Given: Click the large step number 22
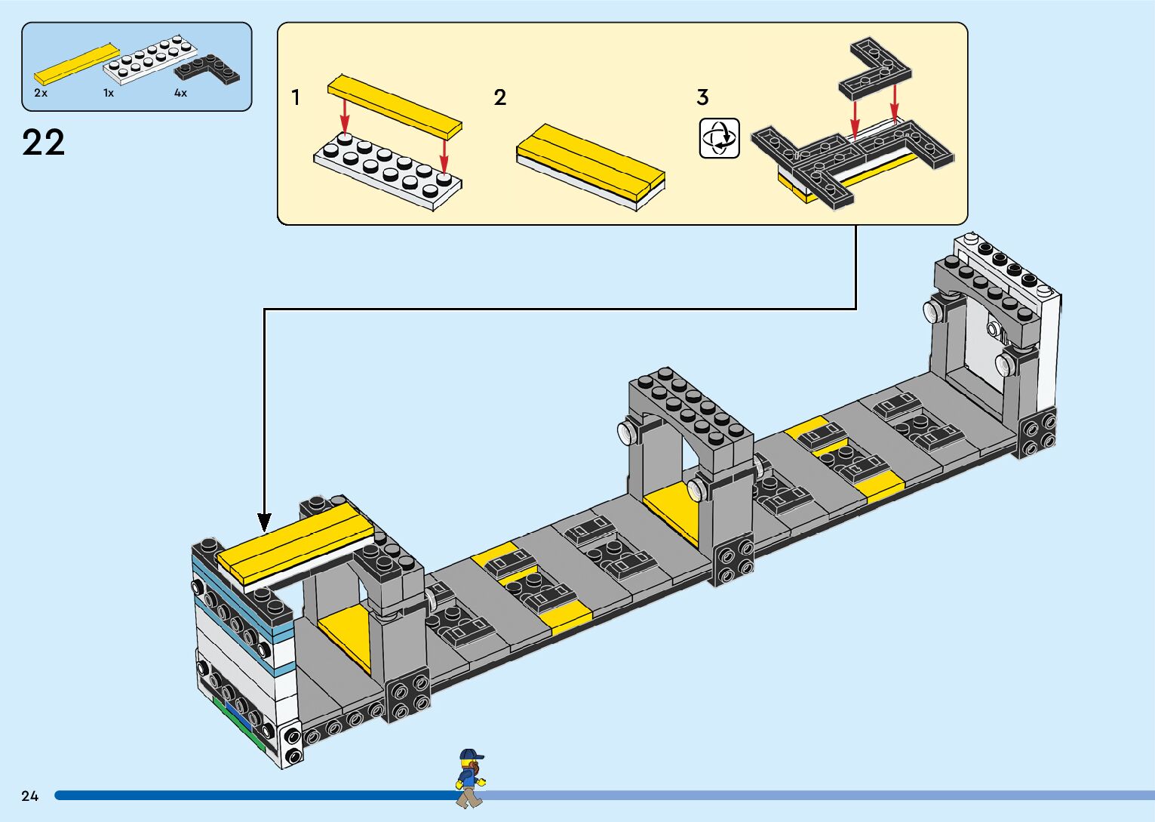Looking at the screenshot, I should (44, 142).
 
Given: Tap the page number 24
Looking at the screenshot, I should (30, 796).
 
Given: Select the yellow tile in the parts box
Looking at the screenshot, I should (76, 63).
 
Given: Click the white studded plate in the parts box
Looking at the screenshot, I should (150, 59).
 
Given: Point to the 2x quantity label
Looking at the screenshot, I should (41, 93).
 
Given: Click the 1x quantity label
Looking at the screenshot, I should (109, 93).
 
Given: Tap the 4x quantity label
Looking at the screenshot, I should (180, 93).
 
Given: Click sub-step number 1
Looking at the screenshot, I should (296, 97).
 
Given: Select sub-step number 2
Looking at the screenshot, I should (500, 97).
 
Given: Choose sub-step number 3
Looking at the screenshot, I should (702, 97).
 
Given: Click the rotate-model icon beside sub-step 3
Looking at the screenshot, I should (719, 138).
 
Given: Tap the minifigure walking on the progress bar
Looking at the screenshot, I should (469, 778).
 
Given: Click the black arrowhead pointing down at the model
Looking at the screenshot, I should (264, 522).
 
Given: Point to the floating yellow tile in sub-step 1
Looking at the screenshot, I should (394, 105).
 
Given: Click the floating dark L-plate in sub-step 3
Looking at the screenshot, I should (875, 72).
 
